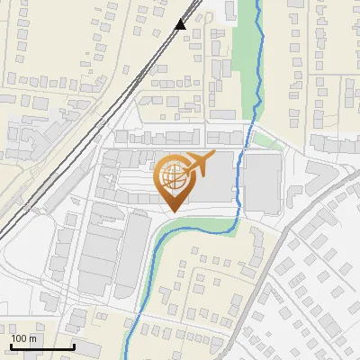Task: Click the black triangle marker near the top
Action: click(181, 23)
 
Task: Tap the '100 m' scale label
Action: click(24, 338)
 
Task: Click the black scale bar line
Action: click(42, 346)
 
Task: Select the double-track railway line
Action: click(108, 108)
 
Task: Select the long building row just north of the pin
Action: click(171, 138)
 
